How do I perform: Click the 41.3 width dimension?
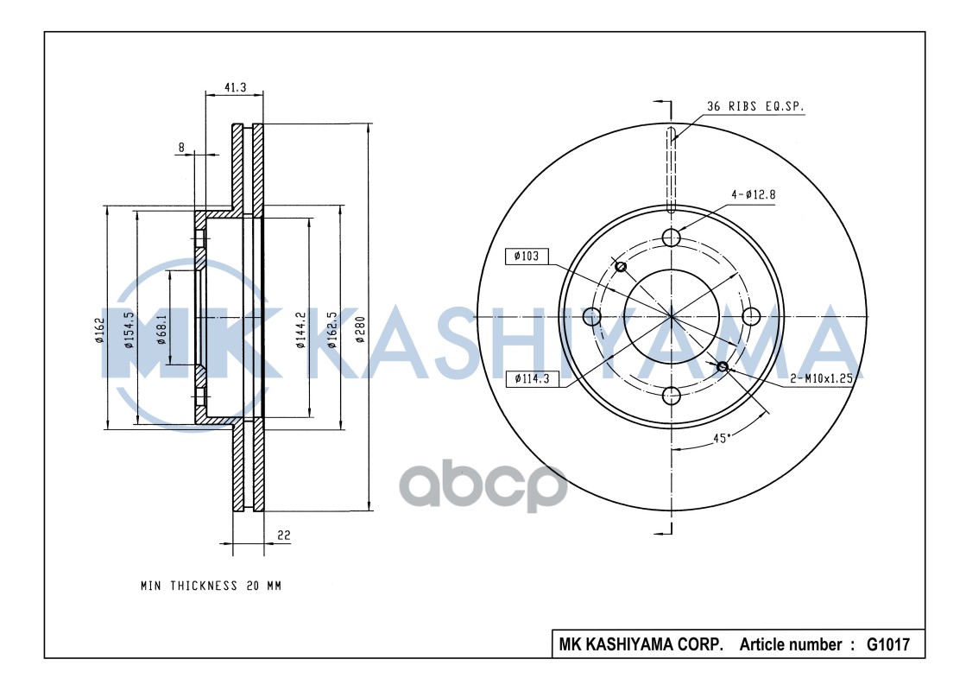point(236,87)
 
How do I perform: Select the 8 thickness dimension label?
point(181,148)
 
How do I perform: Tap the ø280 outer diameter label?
point(360,329)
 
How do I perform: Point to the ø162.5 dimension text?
point(331,329)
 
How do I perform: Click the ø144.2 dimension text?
point(300,329)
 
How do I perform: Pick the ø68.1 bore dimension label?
point(161,329)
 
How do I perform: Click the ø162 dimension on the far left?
point(99,329)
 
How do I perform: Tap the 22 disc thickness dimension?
point(283,536)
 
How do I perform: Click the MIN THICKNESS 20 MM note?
point(211,586)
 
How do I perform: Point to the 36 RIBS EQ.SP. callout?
point(755,106)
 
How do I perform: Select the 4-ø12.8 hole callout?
point(753,194)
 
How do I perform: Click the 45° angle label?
point(722,438)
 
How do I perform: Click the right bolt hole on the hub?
point(751,317)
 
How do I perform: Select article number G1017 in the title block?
point(887,644)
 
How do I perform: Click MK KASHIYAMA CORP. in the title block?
point(641,644)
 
